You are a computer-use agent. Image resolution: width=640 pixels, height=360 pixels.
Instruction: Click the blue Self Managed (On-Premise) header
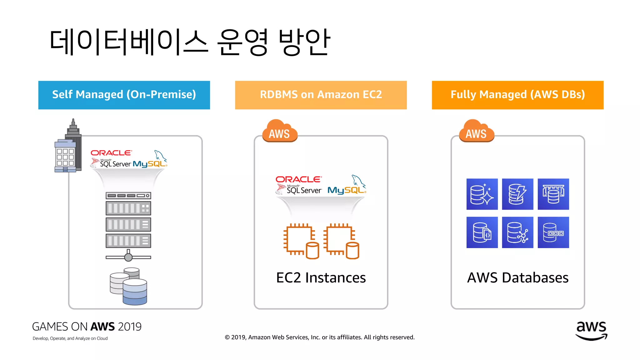coord(124,95)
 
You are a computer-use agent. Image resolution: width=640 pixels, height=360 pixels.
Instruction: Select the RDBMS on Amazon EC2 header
coord(321,95)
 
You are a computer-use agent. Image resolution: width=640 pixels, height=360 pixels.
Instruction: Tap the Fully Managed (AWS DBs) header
coord(517,95)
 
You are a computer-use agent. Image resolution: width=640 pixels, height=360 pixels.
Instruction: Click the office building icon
coord(68,147)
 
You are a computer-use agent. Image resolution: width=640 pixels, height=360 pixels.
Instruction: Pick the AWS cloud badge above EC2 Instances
coord(279,131)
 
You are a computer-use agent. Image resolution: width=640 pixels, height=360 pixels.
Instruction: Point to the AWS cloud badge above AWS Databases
coord(476,131)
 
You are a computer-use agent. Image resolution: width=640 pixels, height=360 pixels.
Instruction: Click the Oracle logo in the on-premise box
coord(111,153)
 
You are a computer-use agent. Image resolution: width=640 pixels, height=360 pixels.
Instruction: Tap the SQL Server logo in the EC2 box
coord(299,189)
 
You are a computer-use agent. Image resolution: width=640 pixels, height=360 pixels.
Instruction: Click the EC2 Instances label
coord(321,277)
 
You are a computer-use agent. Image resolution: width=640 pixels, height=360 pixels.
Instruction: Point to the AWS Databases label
coord(517,277)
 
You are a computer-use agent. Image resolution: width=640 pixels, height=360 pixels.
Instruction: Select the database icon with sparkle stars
coord(482,194)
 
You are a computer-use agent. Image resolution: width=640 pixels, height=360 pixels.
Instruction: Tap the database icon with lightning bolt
coord(517,194)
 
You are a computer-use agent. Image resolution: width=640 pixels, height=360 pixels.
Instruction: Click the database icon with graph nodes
coord(517,232)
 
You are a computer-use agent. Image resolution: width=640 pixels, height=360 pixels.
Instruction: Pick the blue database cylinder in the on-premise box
coord(135,292)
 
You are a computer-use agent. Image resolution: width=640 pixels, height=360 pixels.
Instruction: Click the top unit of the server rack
coord(128,196)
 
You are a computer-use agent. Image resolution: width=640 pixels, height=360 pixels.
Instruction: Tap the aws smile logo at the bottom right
coord(591,331)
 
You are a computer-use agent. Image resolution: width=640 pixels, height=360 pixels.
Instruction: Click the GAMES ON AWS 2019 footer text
coord(87,327)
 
